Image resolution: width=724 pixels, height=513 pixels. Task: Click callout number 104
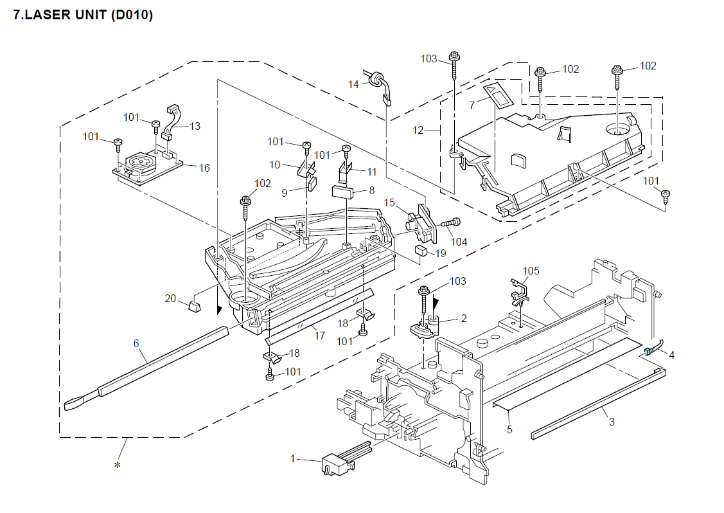pos(459,242)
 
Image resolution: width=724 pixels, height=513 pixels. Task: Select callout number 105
pos(531,271)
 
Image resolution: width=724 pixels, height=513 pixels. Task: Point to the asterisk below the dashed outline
pos(118,465)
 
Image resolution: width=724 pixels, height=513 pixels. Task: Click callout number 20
pos(170,298)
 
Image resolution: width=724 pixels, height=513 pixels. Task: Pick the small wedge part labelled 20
pos(195,307)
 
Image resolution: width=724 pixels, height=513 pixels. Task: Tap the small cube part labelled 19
pos(421,251)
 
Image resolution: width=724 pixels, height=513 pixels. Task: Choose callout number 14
pos(353,85)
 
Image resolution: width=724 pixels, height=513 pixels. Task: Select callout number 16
pos(204,168)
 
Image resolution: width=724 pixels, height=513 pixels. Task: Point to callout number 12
pos(418,130)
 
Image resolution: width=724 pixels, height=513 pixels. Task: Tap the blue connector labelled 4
pos(647,352)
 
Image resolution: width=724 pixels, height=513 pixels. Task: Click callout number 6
pos(136,343)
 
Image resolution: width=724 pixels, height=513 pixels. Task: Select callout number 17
pos(319,336)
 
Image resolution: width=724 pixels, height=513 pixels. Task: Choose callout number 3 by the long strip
pos(612,422)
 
